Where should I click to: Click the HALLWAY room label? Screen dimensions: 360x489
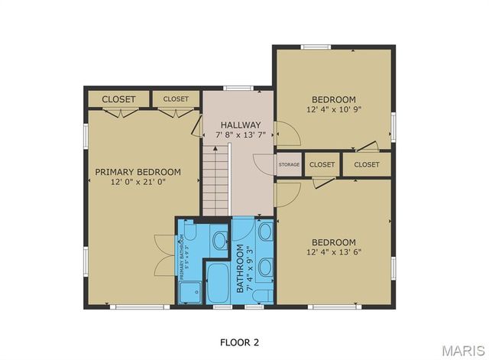tap(241, 125)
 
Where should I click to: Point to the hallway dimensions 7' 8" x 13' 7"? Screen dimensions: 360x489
tap(241, 135)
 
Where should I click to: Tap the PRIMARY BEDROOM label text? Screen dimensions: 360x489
tap(138, 172)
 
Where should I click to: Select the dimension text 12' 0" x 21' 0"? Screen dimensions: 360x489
tap(138, 183)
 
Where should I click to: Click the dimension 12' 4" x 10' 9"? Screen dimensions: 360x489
tap(334, 109)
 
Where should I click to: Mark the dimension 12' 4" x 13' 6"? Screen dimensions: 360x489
tap(334, 252)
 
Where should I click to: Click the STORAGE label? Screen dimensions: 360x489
tap(289, 164)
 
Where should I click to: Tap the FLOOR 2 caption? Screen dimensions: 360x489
tap(244, 341)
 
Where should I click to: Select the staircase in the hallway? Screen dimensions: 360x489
tap(215, 182)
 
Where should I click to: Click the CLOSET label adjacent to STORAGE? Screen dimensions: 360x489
tap(322, 164)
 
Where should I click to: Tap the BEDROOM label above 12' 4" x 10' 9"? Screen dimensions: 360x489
tap(334, 99)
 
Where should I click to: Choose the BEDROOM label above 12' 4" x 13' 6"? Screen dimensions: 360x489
tap(334, 242)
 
